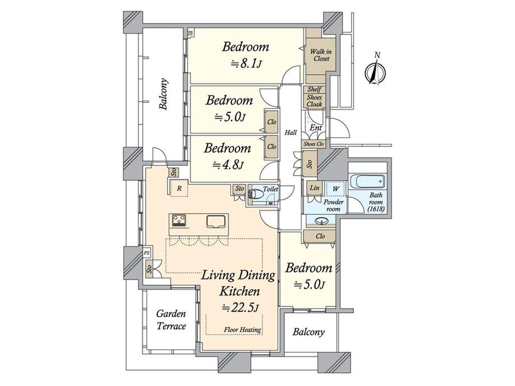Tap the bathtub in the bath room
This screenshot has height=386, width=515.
[x=367, y=182]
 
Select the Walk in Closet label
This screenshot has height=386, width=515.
[x=320, y=55]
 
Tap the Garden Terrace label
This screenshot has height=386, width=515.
[x=171, y=320]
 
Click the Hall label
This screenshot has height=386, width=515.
[x=291, y=133]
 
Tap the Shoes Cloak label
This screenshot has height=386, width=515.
[x=314, y=101]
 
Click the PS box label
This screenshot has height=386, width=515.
[x=147, y=253]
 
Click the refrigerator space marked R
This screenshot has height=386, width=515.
[x=179, y=189]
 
